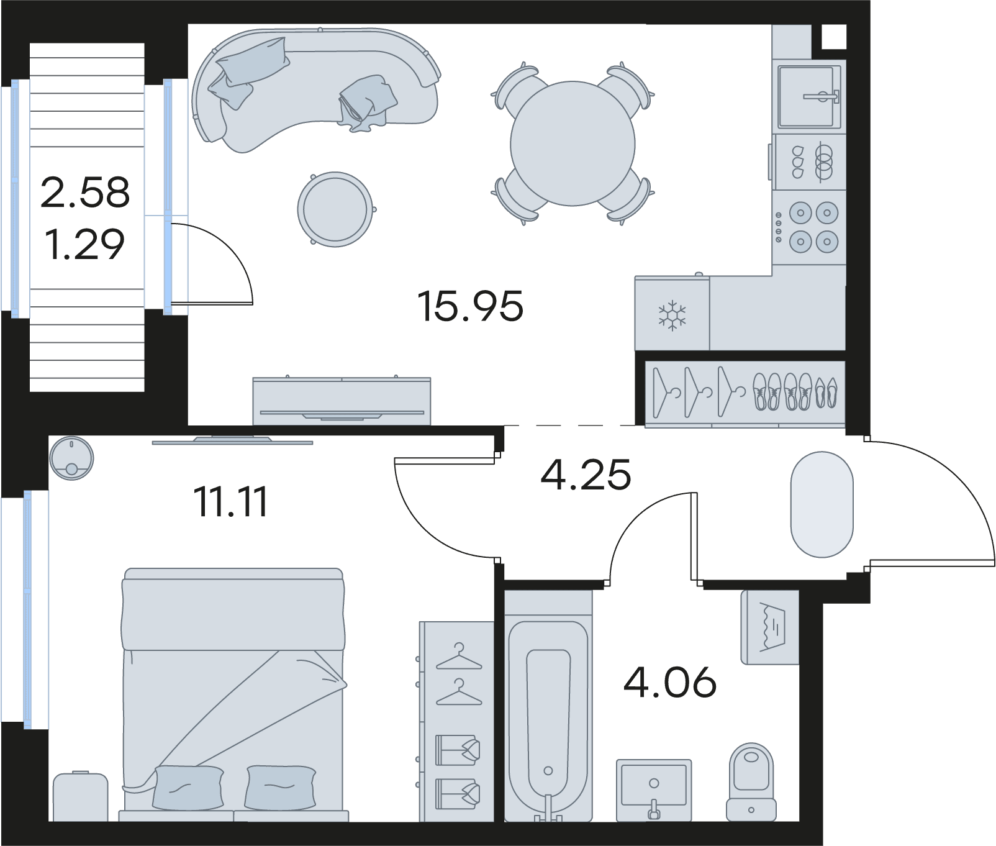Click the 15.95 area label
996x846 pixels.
(x=471, y=306)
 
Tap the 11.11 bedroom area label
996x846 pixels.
(x=231, y=502)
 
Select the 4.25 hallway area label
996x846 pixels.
(x=586, y=475)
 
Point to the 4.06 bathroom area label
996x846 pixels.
(x=670, y=682)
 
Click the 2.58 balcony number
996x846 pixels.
(x=85, y=192)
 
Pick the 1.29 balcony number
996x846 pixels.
(x=85, y=244)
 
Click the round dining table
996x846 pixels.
(x=573, y=143)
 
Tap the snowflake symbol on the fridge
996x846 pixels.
(x=672, y=316)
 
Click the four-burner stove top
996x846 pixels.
(x=808, y=227)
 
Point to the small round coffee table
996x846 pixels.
(x=335, y=209)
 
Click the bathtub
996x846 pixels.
(x=548, y=705)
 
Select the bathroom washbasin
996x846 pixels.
(x=654, y=789)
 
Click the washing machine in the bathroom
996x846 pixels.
(x=769, y=627)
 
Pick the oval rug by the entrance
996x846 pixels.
(x=822, y=504)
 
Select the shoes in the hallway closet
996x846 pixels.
(x=795, y=391)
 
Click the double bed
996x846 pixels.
(x=233, y=694)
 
